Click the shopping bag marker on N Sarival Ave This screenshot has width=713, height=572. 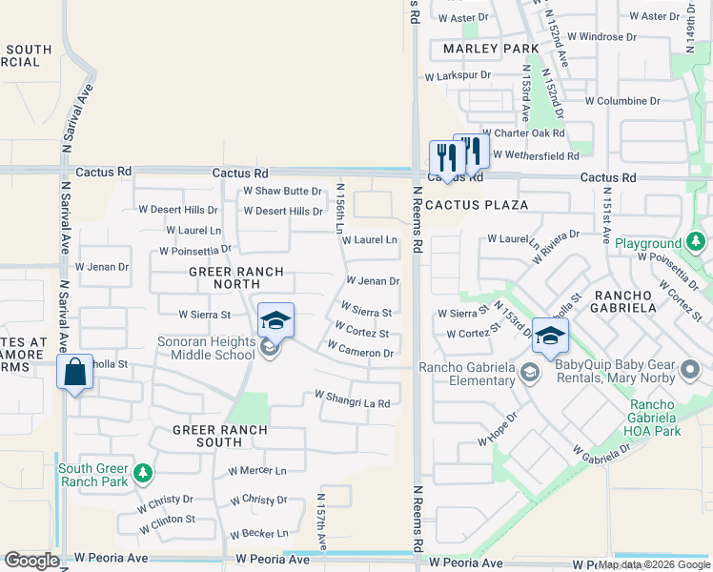click(x=75, y=373)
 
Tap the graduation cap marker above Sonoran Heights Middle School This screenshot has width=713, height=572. click(x=275, y=320)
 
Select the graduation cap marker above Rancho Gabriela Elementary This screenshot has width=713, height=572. click(x=550, y=336)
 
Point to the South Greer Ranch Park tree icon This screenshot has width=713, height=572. click(x=142, y=472)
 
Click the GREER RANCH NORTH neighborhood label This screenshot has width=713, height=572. click(x=229, y=278)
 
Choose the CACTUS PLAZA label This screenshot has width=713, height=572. click(x=463, y=205)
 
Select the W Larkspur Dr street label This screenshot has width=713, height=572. click(x=458, y=74)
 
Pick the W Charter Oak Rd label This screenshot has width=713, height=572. click(x=523, y=133)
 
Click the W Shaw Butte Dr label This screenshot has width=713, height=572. click(x=282, y=191)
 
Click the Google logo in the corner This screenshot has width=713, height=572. click(x=32, y=561)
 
